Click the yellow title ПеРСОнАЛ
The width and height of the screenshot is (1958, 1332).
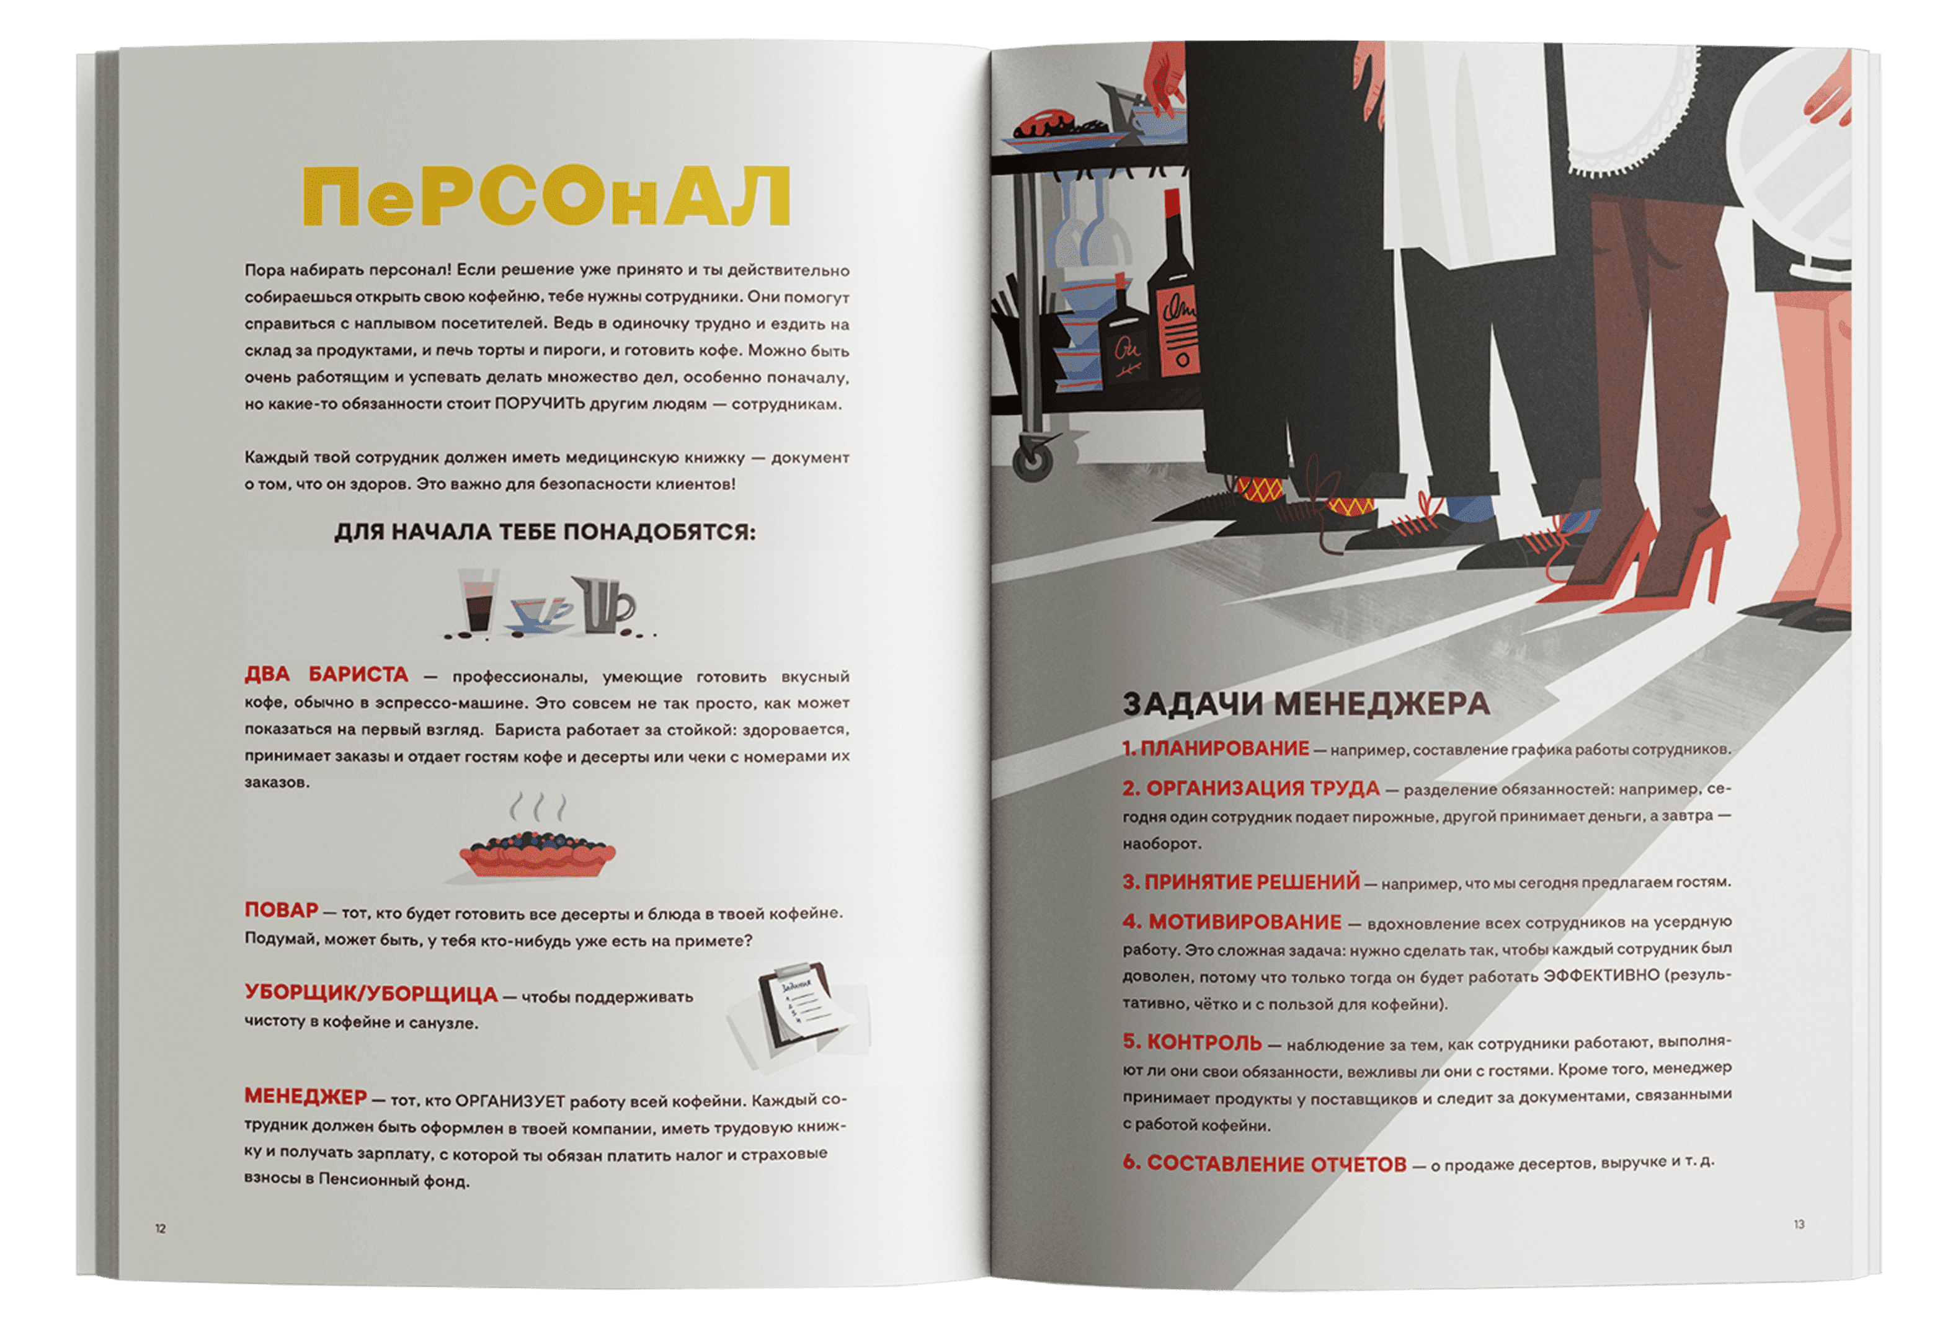pos(546,197)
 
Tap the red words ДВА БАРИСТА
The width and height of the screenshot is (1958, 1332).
pos(326,675)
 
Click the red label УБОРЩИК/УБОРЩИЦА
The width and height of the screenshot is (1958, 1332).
pos(371,994)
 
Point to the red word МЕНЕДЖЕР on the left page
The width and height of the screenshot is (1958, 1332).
pos(305,1096)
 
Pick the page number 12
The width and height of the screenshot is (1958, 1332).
pos(160,1229)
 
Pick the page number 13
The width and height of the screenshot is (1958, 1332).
pos(1799,1224)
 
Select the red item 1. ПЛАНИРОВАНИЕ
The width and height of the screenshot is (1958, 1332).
pos(1215,748)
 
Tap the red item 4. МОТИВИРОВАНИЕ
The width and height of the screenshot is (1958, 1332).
pos(1231,921)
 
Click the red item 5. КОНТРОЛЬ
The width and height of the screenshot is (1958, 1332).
pos(1191,1043)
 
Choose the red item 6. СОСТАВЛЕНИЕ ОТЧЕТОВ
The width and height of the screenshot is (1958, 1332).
pos(1264,1165)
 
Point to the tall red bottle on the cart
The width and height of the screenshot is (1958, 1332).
pos(1172,295)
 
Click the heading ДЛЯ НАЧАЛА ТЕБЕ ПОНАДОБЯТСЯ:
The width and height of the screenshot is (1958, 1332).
pos(545,533)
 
